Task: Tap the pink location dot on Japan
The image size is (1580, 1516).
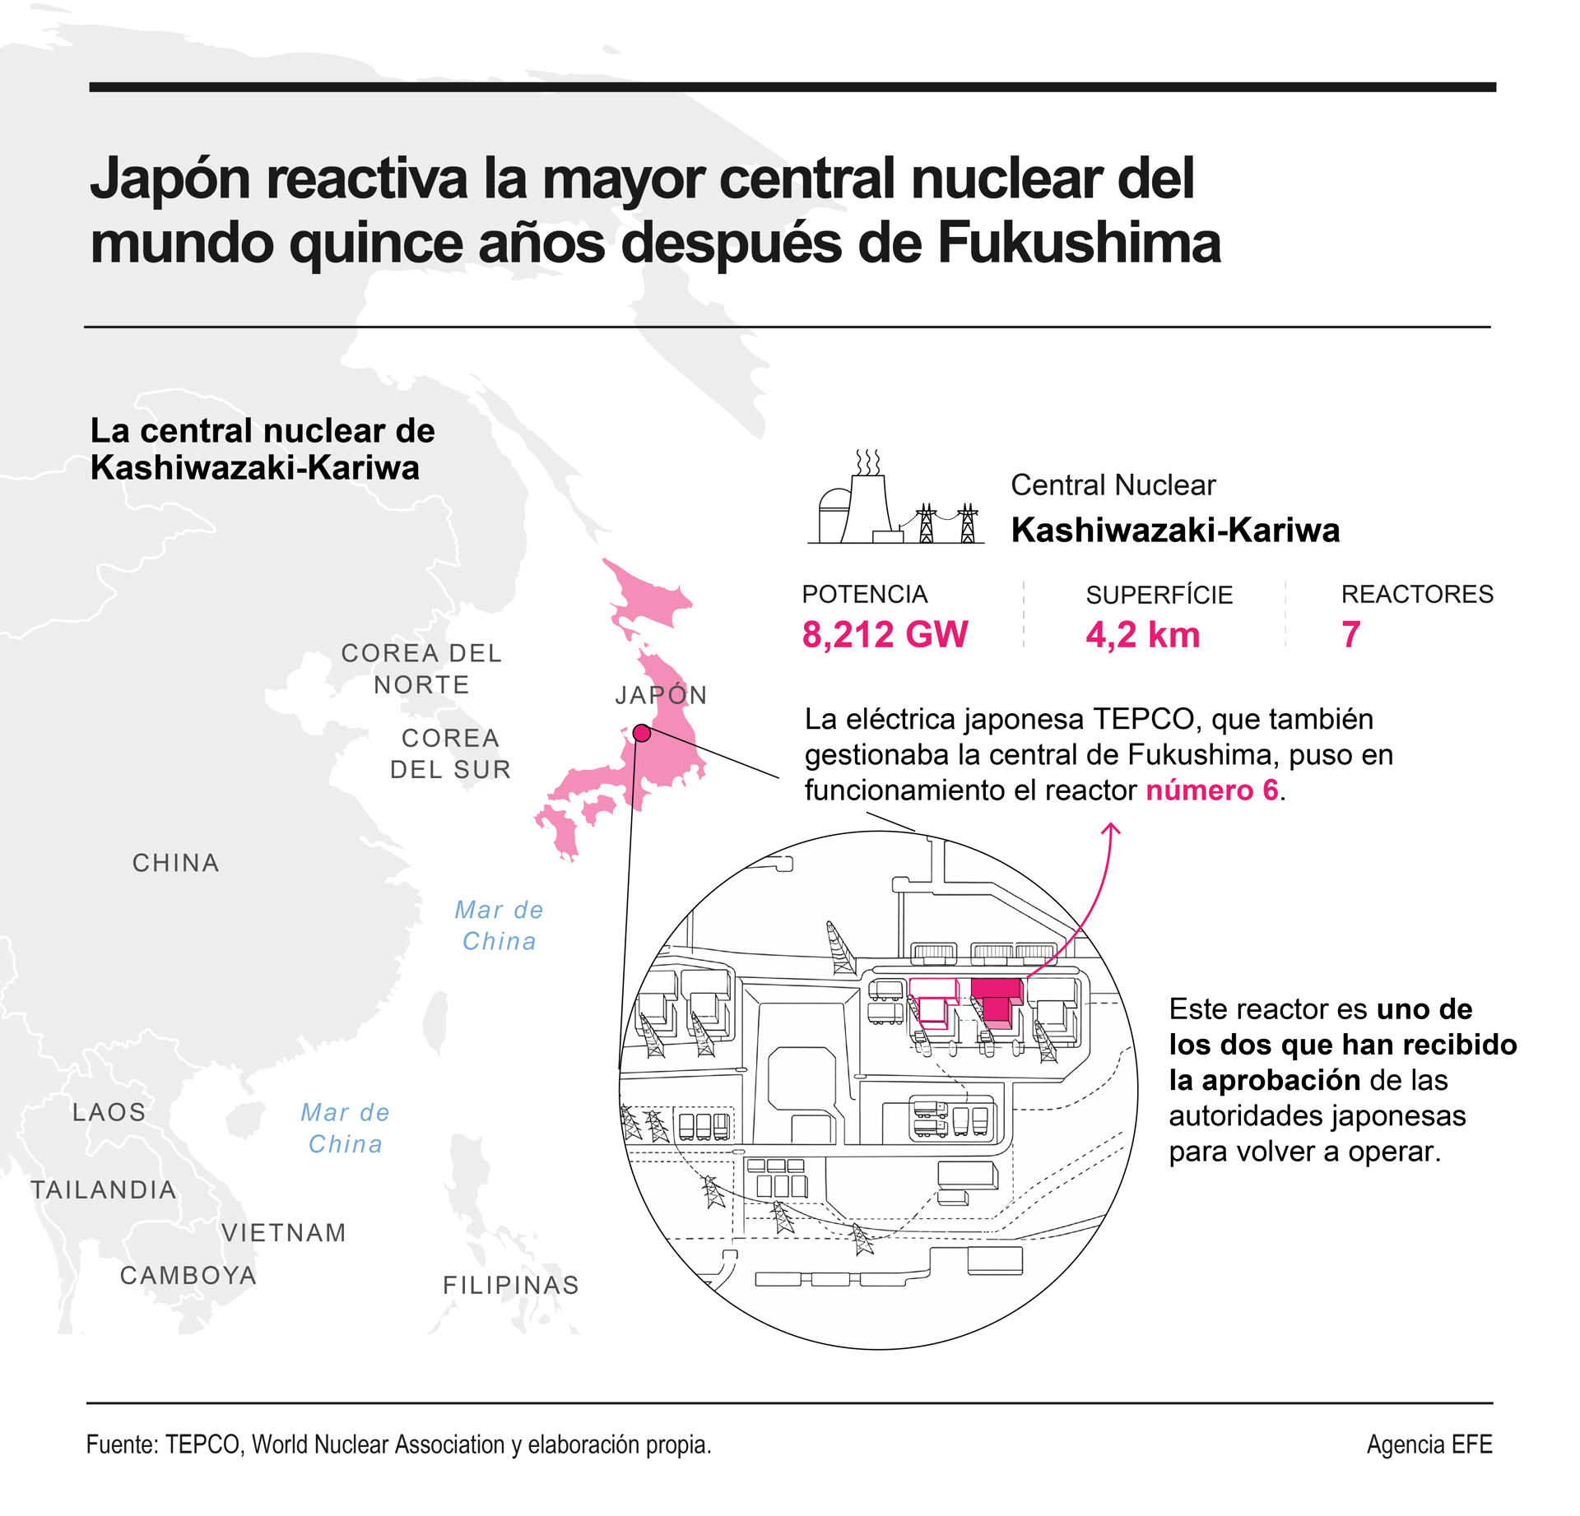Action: pyautogui.click(x=642, y=733)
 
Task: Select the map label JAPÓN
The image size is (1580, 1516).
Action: pyautogui.click(x=661, y=695)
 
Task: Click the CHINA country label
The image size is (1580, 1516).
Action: pyautogui.click(x=176, y=863)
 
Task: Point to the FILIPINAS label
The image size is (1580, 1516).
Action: pyautogui.click(x=511, y=1285)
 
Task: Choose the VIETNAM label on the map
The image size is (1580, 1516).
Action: pyautogui.click(x=284, y=1232)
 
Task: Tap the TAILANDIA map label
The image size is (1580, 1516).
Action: pyautogui.click(x=104, y=1189)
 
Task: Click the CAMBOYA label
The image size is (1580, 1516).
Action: pyautogui.click(x=188, y=1275)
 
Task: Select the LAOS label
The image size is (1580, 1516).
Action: pyautogui.click(x=109, y=1112)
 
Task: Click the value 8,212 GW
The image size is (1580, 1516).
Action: pyautogui.click(x=885, y=634)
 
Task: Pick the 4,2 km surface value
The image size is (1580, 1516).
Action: pyautogui.click(x=1142, y=634)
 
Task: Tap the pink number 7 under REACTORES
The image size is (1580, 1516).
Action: pyautogui.click(x=1350, y=634)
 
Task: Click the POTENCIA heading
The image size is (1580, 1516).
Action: pyautogui.click(x=864, y=594)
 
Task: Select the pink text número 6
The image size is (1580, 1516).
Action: pyautogui.click(x=1212, y=790)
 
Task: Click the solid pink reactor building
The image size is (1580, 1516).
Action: pyautogui.click(x=997, y=1001)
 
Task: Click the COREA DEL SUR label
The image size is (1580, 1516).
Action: pyautogui.click(x=450, y=753)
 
